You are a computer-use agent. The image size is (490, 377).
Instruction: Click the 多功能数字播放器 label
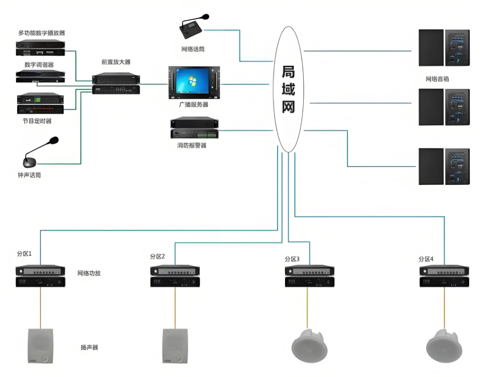point(41,33)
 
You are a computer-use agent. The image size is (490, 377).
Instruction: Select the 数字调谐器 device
point(40,76)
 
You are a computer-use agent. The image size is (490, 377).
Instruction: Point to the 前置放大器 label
point(116,62)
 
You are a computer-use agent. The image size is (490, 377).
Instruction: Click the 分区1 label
point(24,254)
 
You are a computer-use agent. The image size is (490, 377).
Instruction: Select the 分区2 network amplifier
point(174,276)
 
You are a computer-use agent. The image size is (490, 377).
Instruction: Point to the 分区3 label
point(292,258)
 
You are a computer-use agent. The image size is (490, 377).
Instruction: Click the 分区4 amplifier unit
point(444,276)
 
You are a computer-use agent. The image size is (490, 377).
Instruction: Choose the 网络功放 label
point(89,273)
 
